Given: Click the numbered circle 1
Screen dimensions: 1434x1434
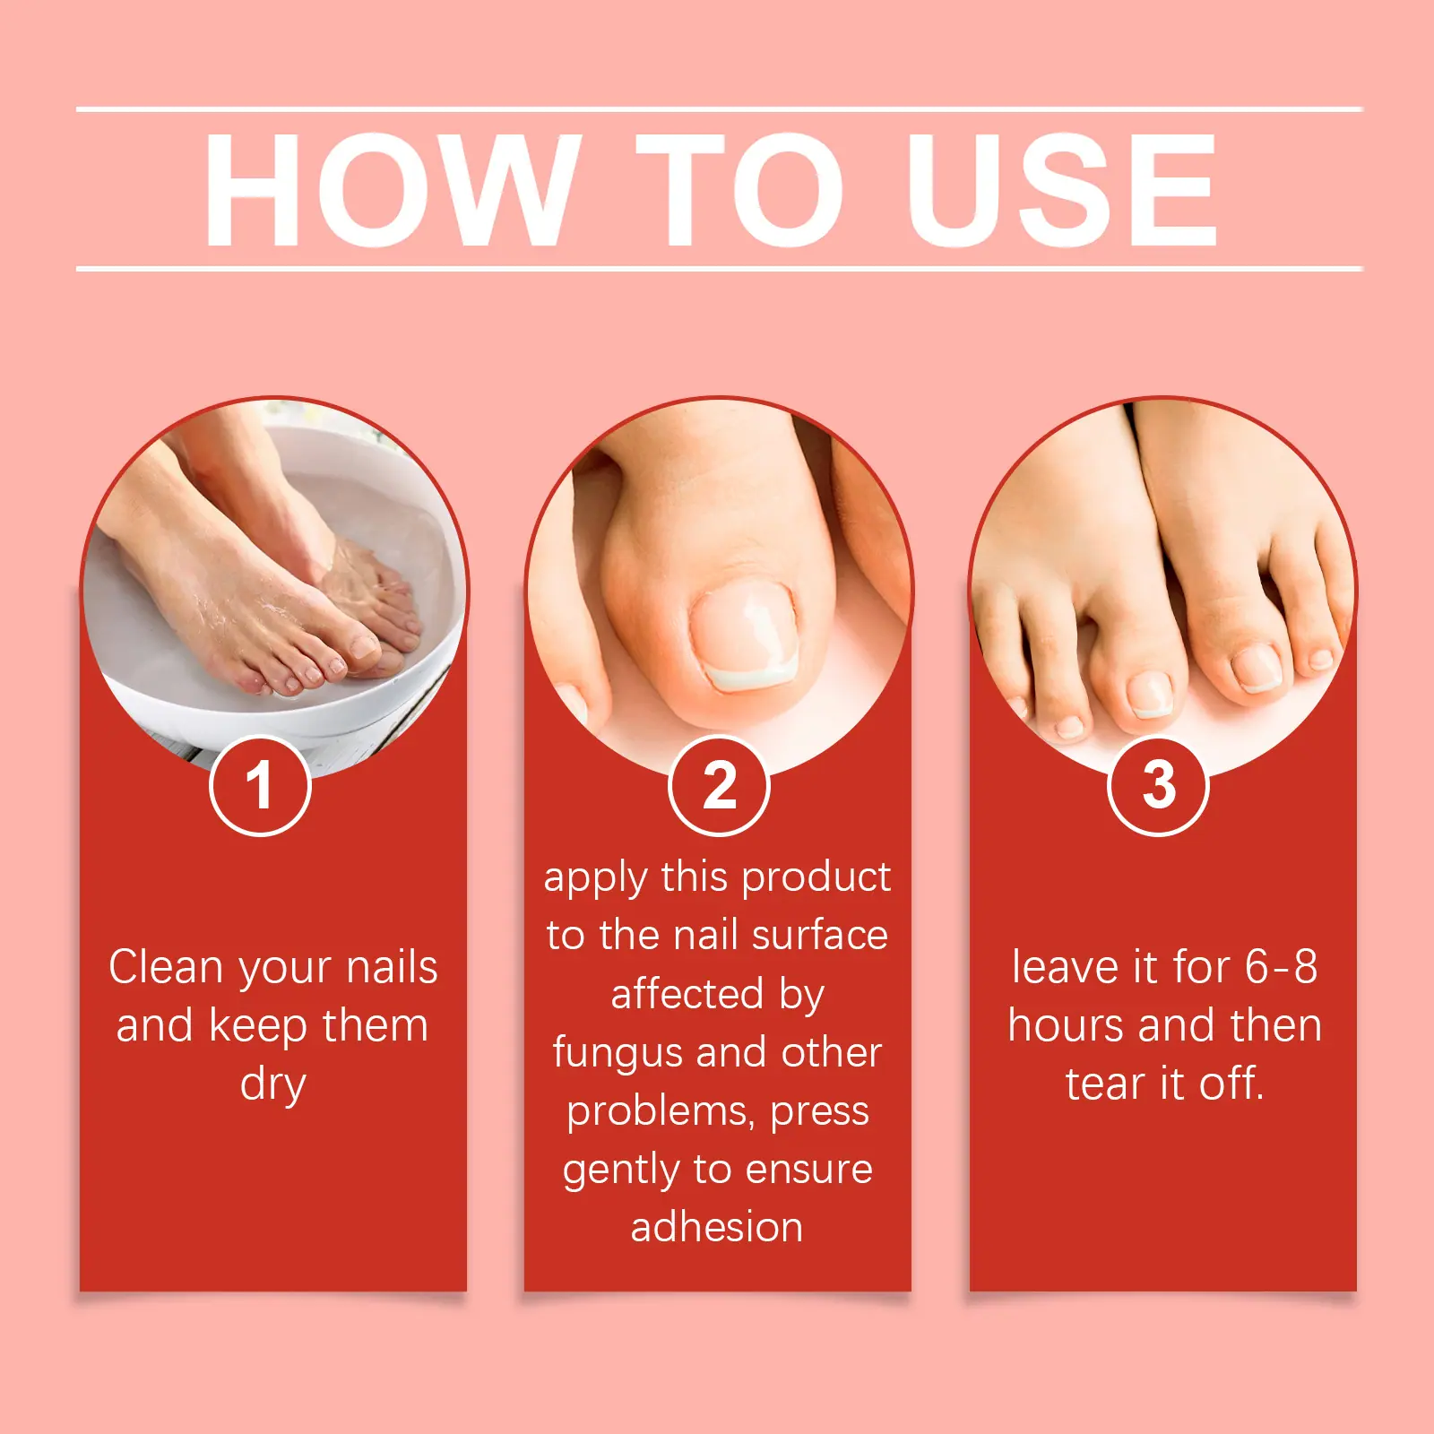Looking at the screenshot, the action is pyautogui.click(x=260, y=785).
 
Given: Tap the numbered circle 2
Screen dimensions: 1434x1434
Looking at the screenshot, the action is pyautogui.click(x=719, y=785).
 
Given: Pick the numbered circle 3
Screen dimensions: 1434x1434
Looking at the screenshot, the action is pyautogui.click(x=1158, y=785).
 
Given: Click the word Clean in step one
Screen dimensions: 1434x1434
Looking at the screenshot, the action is pyautogui.click(x=166, y=967).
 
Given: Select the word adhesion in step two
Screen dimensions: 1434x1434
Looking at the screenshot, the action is pyautogui.click(x=717, y=1227).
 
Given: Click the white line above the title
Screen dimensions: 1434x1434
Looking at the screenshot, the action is pyautogui.click(x=719, y=109).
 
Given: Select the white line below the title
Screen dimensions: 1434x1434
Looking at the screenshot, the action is pyautogui.click(x=719, y=268).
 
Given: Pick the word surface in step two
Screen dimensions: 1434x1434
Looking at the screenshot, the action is pyautogui.click(x=820, y=936).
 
